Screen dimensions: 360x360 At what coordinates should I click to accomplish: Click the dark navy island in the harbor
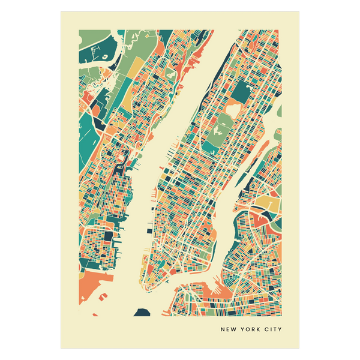[x=142, y=311]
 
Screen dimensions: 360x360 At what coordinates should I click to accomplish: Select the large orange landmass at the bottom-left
[x=96, y=282]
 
